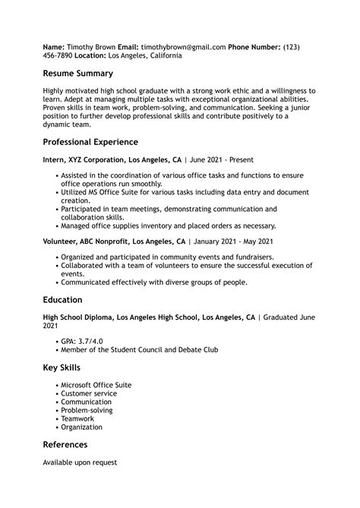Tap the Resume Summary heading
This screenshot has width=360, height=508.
pos(77,74)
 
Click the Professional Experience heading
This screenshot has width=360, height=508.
pos(90,142)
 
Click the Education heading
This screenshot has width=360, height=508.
pos(63,300)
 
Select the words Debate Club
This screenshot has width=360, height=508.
pos(197,350)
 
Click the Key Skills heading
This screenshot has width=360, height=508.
pos(62,368)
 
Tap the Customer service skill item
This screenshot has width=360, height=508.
pos(89,394)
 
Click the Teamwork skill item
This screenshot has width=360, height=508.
pos(77,419)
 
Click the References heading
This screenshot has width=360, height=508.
pos(65,445)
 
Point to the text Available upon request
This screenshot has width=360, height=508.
pos(80,462)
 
